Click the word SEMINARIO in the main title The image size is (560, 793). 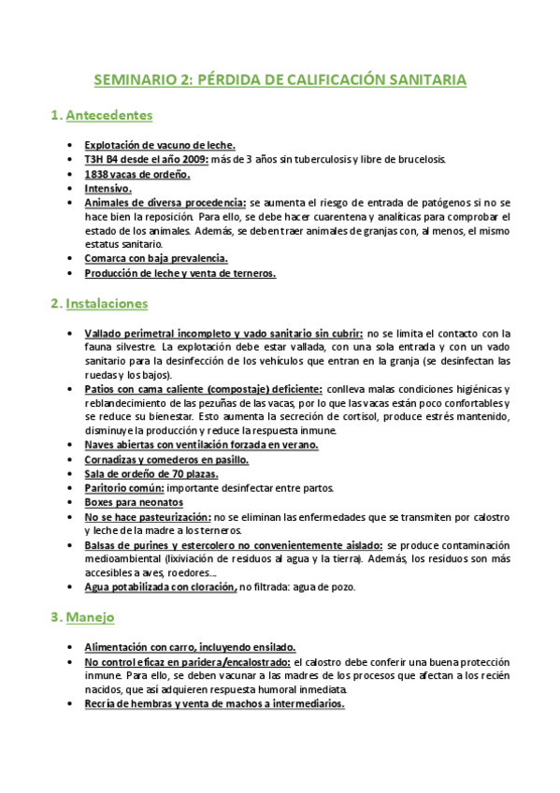pyautogui.click(x=136, y=80)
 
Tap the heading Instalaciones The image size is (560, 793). pyautogui.click(x=108, y=304)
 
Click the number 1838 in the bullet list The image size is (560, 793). pyautogui.click(x=95, y=174)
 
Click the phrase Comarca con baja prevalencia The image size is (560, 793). pyautogui.click(x=156, y=259)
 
